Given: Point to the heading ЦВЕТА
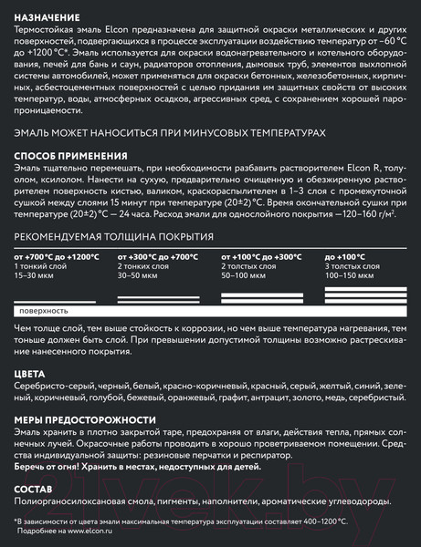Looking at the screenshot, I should click(x=29, y=374).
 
